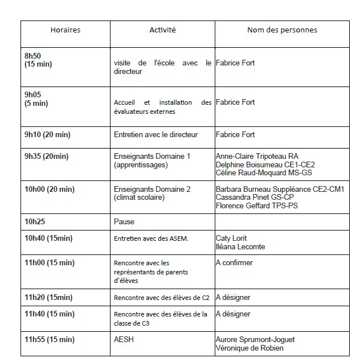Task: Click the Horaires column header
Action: click(65, 30)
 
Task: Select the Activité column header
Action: click(162, 30)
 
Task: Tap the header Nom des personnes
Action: click(282, 30)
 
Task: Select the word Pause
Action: click(124, 221)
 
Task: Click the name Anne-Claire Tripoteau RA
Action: click(257, 156)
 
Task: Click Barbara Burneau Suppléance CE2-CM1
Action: click(280, 189)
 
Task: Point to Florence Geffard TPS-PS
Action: click(256, 206)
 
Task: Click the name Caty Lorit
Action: click(231, 238)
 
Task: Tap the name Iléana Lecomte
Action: click(240, 247)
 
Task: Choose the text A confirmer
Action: click(234, 263)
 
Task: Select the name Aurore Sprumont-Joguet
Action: click(255, 340)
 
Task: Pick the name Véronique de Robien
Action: click(249, 348)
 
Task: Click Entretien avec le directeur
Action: click(156, 135)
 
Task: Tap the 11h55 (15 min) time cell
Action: click(49, 340)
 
